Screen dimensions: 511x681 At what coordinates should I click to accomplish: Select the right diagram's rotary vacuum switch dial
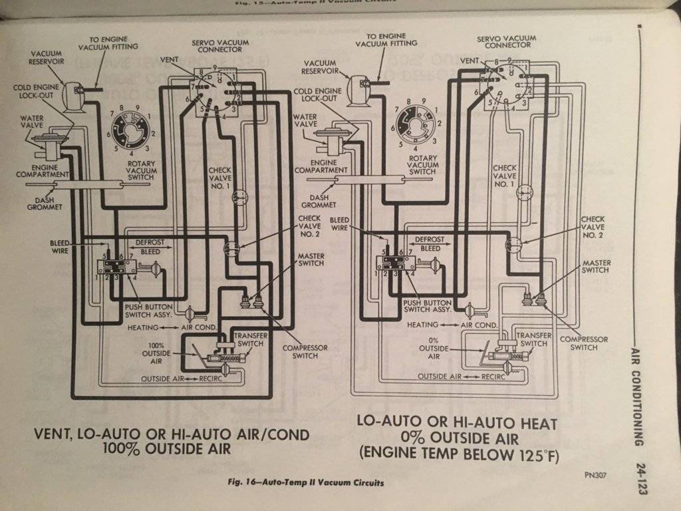click(417, 122)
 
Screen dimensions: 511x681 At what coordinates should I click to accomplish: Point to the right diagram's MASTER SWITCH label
click(596, 266)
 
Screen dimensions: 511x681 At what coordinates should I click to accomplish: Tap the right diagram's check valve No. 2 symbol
click(513, 244)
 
